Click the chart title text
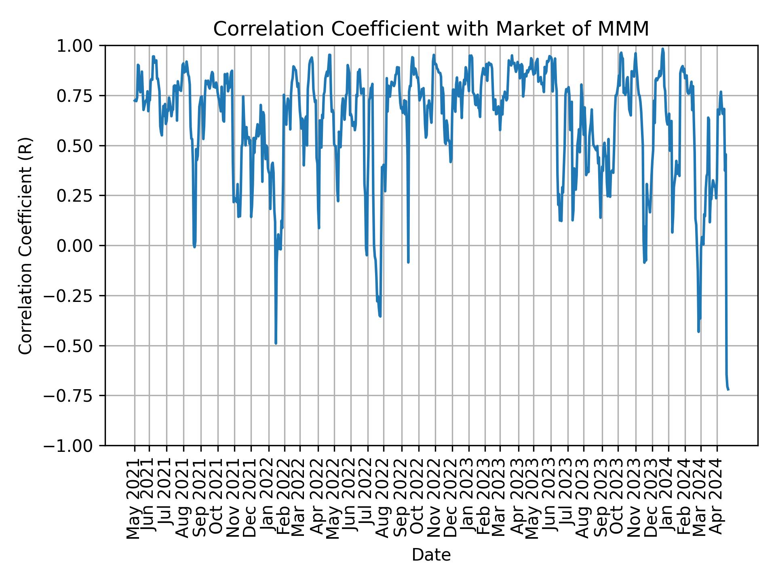click(x=431, y=29)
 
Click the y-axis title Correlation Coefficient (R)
click(x=25, y=245)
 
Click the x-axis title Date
click(x=431, y=555)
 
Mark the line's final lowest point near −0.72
click(x=728, y=390)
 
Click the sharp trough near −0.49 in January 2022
click(x=276, y=343)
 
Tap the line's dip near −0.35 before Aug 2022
click(x=380, y=316)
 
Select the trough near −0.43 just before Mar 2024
click(x=698, y=331)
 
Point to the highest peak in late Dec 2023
click(x=662, y=49)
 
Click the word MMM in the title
click(x=629, y=29)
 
